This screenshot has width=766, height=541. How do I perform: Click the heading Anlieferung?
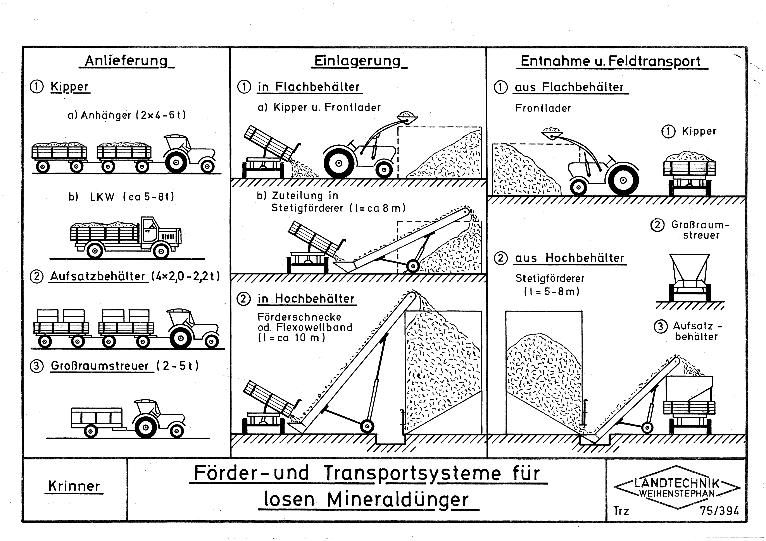[126, 61]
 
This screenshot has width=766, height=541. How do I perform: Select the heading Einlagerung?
[357, 61]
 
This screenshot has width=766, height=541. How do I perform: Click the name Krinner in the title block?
[74, 486]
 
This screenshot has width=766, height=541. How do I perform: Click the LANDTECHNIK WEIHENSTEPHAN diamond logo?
[677, 488]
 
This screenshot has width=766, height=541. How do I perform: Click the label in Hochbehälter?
[306, 299]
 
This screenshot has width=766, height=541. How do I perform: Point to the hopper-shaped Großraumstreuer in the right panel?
[689, 276]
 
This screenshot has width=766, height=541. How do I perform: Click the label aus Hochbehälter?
[569, 258]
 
